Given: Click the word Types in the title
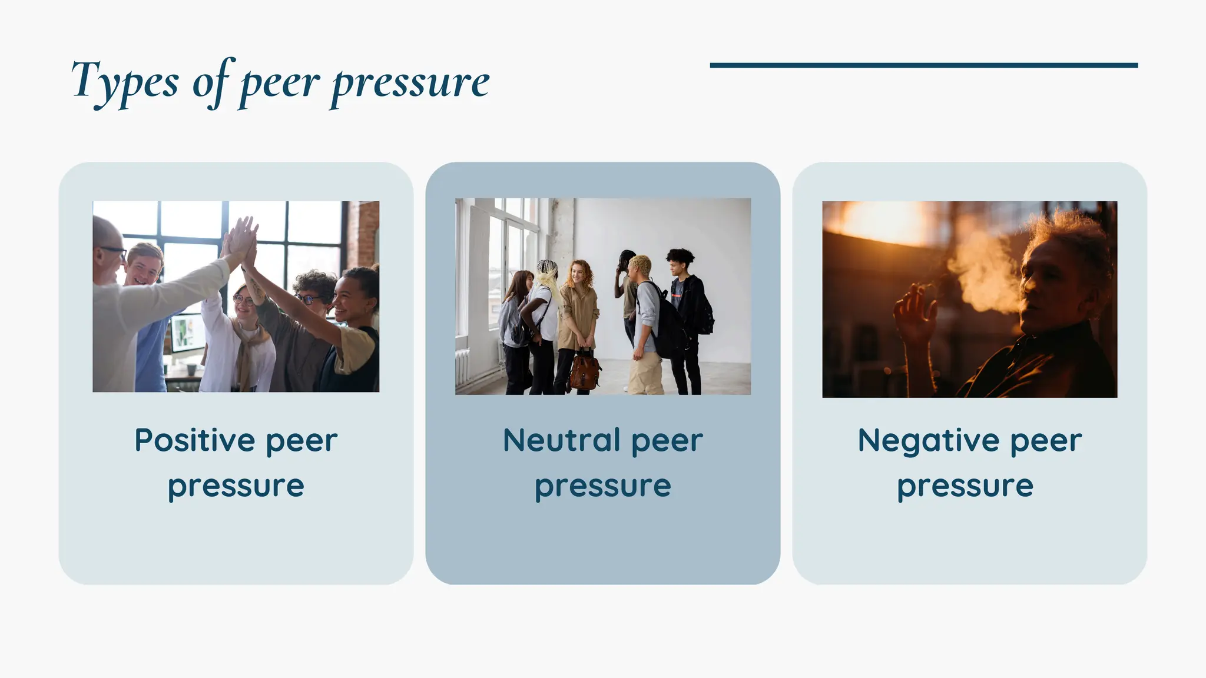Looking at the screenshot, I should click(x=124, y=81).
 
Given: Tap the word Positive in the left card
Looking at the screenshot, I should click(x=194, y=440).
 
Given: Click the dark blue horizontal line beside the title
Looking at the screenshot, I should click(x=923, y=65).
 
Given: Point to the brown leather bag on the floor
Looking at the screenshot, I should click(x=584, y=369).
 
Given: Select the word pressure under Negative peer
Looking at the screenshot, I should click(x=965, y=487).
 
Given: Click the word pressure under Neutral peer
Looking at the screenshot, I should click(x=602, y=487).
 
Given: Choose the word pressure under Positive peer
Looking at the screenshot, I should click(x=236, y=487).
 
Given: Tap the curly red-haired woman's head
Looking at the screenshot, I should click(x=580, y=274).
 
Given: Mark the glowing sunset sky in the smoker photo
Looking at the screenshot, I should click(x=877, y=221).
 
